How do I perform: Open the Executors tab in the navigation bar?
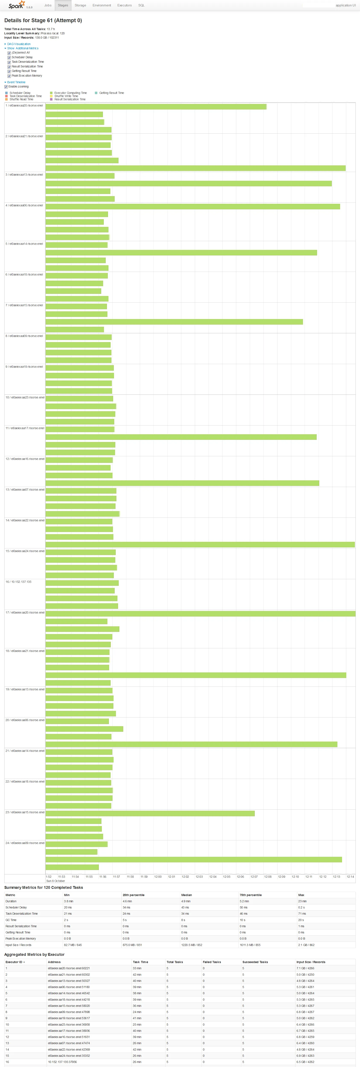[x=124, y=5]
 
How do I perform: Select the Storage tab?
[x=80, y=5]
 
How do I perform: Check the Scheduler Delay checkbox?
[x=9, y=58]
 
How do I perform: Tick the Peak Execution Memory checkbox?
[x=9, y=76]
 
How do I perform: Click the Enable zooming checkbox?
[x=6, y=87]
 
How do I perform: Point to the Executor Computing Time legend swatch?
[x=51, y=93]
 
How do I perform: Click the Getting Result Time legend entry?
[x=111, y=93]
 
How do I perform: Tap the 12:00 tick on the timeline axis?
[x=158, y=876]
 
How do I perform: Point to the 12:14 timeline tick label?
[x=350, y=876]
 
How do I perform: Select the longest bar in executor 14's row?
[x=200, y=545]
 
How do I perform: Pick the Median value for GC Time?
[x=183, y=920]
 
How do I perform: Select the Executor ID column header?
[x=15, y=962]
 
